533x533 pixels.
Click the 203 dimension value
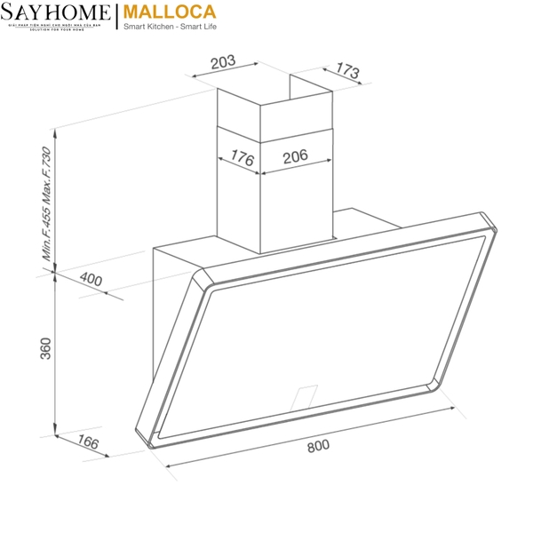223,62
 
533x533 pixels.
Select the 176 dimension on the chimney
242,159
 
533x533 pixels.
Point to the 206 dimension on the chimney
295,156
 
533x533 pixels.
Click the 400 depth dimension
91,279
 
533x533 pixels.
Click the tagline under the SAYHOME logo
57,28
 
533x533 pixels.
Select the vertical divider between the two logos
116,17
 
